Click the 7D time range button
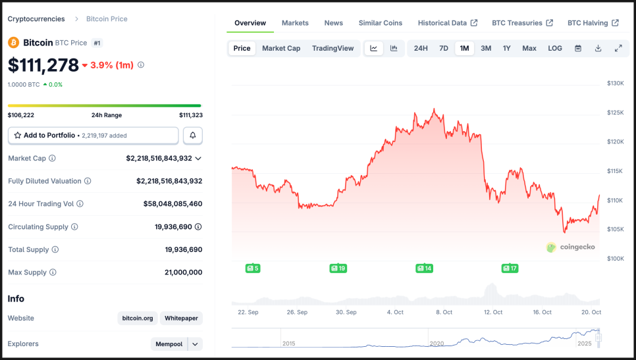coord(444,48)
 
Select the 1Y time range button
coord(506,48)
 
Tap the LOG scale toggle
coord(555,48)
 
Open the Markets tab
coord(295,23)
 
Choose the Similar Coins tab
coord(380,23)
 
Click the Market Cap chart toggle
coord(281,48)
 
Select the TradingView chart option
coord(332,48)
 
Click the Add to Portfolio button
coord(93,136)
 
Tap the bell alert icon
coord(193,136)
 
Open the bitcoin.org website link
coord(138,319)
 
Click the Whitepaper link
coord(181,319)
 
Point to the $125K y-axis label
coord(615,113)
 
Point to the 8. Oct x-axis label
coord(444,312)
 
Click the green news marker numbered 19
coord(338,268)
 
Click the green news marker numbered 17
coord(510,268)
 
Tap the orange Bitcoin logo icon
coord(13,42)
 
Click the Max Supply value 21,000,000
coord(183,272)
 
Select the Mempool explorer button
coord(169,344)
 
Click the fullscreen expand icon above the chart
coord(618,48)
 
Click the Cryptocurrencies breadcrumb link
coord(36,19)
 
